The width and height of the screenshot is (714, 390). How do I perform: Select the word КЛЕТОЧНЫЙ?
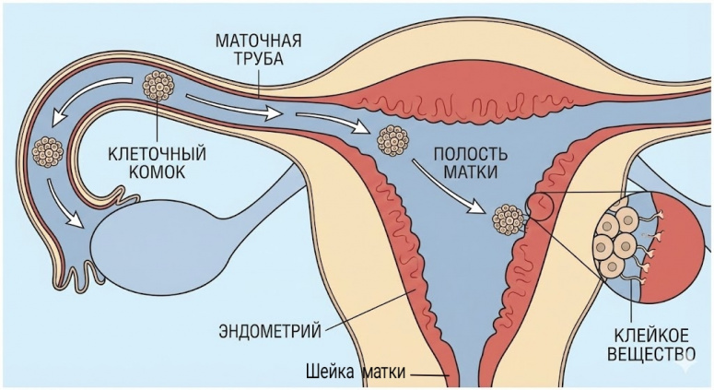tap(155, 153)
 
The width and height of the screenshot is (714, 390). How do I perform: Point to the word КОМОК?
tap(155, 171)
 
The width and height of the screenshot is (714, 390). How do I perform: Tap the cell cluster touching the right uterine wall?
tap(508, 219)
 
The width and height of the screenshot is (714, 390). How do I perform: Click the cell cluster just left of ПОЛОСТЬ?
tap(394, 140)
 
